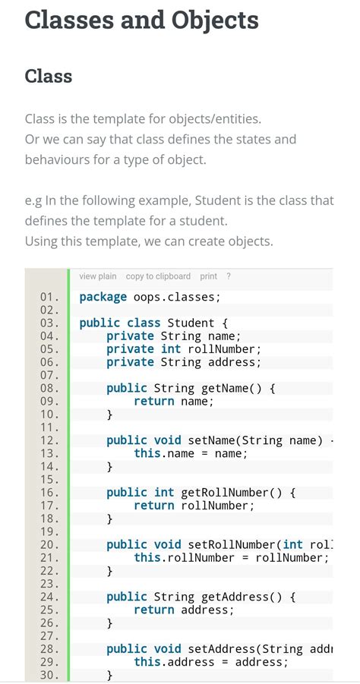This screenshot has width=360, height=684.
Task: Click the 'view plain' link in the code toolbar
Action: point(98,276)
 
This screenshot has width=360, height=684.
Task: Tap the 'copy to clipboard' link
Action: point(158,276)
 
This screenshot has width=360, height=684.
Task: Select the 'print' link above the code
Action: point(209,276)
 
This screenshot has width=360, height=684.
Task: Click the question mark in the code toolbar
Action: point(229,276)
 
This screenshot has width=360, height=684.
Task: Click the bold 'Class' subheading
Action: point(49,77)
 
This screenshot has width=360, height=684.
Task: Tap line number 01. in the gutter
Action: point(49,297)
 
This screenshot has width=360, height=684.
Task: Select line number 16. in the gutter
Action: point(49,493)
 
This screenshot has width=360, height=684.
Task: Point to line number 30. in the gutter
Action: point(49,675)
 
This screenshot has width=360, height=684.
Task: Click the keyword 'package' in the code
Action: point(103,297)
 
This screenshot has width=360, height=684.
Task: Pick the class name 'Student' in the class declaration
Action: point(191,323)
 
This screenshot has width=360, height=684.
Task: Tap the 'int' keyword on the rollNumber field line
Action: point(171,349)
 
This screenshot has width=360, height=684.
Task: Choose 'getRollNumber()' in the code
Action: point(235,493)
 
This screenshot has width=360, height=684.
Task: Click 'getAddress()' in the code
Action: point(235,597)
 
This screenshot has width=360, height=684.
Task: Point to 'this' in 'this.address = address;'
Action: point(147,662)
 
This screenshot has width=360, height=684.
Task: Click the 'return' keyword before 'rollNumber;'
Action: point(153,506)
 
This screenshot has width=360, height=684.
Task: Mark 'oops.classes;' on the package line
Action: point(177,297)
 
